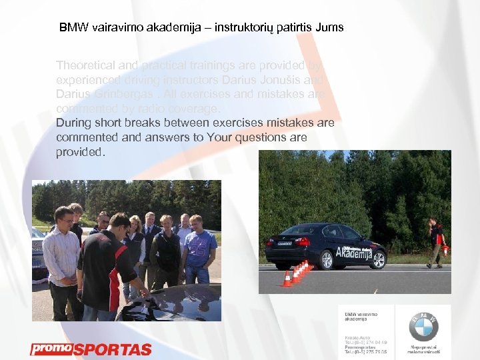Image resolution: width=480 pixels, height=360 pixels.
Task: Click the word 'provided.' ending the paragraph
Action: point(81,152)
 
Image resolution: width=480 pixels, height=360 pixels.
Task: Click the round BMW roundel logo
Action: point(424,327)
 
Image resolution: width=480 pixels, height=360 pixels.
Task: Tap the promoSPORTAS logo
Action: point(91,349)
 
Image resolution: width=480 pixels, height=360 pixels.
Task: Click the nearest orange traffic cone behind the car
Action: point(287,279)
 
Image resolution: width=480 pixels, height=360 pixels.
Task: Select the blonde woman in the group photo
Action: point(135,243)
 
